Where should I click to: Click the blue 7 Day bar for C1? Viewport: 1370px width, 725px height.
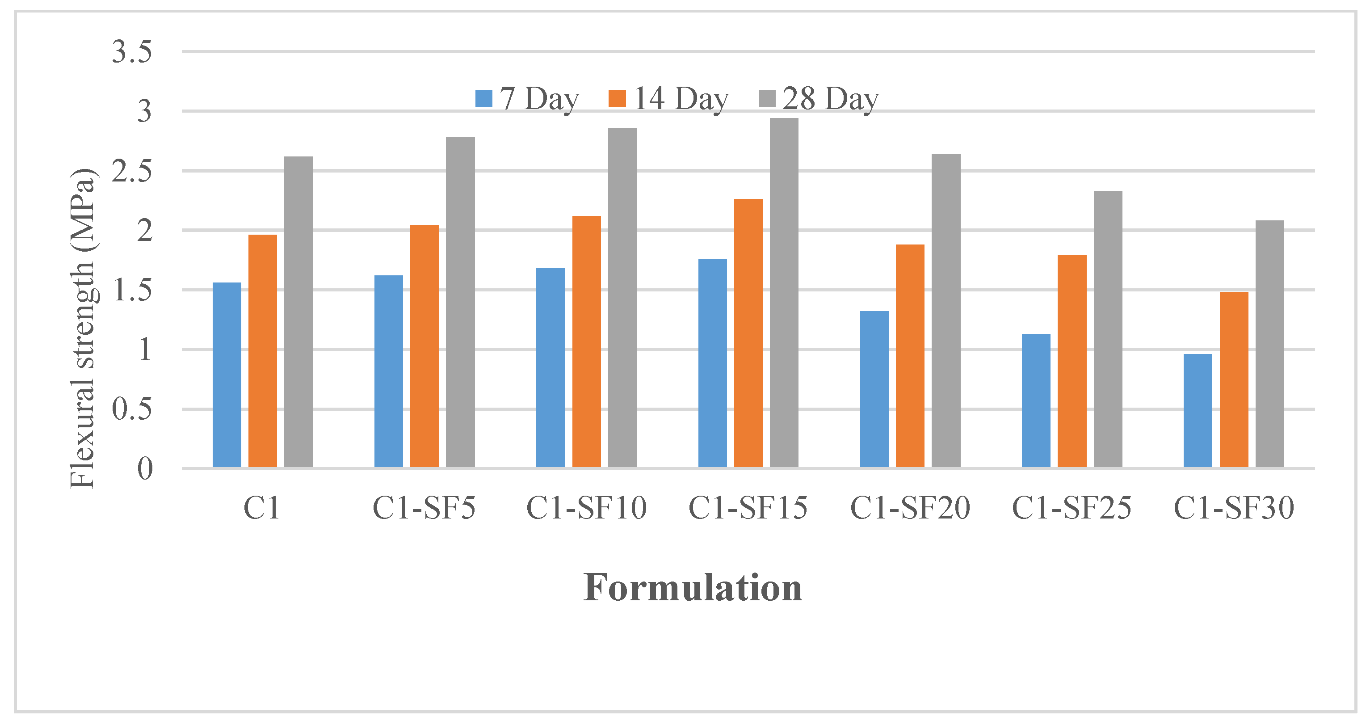click(x=227, y=375)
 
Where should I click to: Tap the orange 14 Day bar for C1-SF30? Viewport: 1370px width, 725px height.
click(x=1234, y=380)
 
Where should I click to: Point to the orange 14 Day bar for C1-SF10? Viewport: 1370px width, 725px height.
click(x=587, y=341)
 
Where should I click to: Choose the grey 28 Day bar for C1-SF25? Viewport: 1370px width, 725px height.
click(x=1108, y=329)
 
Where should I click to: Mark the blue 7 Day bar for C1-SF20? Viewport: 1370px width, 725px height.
click(x=874, y=389)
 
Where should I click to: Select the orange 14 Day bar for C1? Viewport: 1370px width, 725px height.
click(x=263, y=351)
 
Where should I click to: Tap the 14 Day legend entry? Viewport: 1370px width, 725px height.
click(x=669, y=98)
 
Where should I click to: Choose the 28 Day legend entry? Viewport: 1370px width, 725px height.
click(x=819, y=98)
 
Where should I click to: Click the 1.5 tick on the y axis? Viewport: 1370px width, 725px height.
click(x=132, y=290)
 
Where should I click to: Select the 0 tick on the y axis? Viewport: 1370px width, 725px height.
click(x=145, y=468)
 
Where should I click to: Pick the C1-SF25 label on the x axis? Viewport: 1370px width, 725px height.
click(x=1071, y=507)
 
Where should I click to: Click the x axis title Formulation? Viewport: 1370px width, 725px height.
click(x=693, y=588)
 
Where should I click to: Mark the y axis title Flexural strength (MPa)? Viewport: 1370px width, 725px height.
click(x=82, y=328)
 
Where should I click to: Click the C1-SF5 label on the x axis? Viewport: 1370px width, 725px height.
click(x=424, y=507)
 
